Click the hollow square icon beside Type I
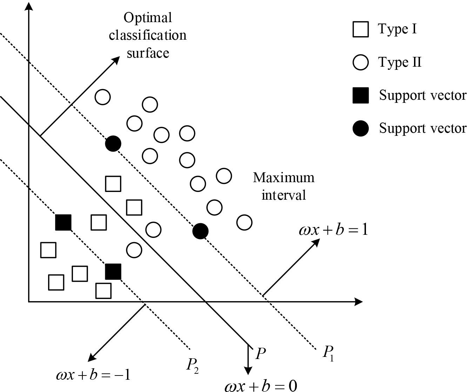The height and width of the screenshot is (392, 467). click(360, 29)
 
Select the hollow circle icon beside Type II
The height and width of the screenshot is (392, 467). click(360, 62)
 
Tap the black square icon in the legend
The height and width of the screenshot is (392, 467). click(360, 95)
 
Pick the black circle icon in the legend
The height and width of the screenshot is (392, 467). click(360, 128)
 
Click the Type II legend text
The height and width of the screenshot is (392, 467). click(400, 62)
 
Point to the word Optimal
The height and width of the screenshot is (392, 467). click(147, 18)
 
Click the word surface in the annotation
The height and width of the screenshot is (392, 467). click(148, 53)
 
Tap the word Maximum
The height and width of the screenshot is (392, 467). click(283, 178)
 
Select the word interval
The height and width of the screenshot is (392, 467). click(283, 195)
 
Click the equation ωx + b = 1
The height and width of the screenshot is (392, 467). click(333, 230)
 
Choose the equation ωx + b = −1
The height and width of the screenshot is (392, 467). click(93, 375)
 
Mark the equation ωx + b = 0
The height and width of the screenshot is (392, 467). click(261, 386)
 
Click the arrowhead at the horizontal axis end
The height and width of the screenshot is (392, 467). click(359, 301)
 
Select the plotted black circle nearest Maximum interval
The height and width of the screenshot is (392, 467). click(200, 231)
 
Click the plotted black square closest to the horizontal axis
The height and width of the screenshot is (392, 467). click(113, 272)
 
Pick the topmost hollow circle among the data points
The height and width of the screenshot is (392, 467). click(103, 97)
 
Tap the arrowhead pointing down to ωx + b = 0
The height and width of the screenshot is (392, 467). click(248, 371)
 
